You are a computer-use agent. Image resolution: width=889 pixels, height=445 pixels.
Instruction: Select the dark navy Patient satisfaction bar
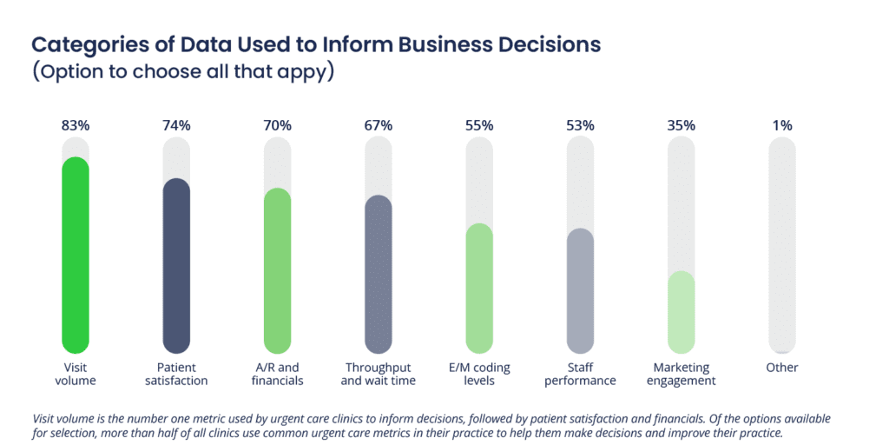pyautogui.click(x=176, y=265)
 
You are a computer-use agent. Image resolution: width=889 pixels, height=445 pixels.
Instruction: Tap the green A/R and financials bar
pyautogui.click(x=277, y=270)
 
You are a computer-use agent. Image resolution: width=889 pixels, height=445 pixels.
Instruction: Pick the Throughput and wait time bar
pyautogui.click(x=378, y=274)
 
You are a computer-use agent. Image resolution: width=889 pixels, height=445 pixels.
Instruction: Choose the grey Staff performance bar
pyautogui.click(x=580, y=291)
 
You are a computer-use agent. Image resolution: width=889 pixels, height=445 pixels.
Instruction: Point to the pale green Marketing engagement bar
pyautogui.click(x=681, y=312)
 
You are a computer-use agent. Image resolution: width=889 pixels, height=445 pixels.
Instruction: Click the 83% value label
pyautogui.click(x=76, y=125)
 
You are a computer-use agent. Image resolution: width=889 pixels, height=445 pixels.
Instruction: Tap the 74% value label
pyautogui.click(x=176, y=125)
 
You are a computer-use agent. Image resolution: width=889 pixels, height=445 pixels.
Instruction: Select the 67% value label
pyautogui.click(x=378, y=125)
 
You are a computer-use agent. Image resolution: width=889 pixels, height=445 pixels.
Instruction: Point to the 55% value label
pyautogui.click(x=479, y=125)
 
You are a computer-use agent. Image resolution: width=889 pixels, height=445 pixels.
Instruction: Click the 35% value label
pyautogui.click(x=681, y=125)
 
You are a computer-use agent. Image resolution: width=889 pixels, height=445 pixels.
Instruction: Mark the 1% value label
pyautogui.click(x=782, y=125)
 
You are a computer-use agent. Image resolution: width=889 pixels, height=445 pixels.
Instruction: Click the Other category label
pyautogui.click(x=782, y=368)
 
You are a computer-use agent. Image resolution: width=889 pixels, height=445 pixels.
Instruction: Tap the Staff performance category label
pyautogui.click(x=580, y=374)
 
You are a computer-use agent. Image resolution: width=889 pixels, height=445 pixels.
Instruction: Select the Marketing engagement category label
pyautogui.click(x=681, y=374)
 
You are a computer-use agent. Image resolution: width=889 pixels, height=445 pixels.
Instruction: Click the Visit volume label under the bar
pyautogui.click(x=76, y=374)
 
